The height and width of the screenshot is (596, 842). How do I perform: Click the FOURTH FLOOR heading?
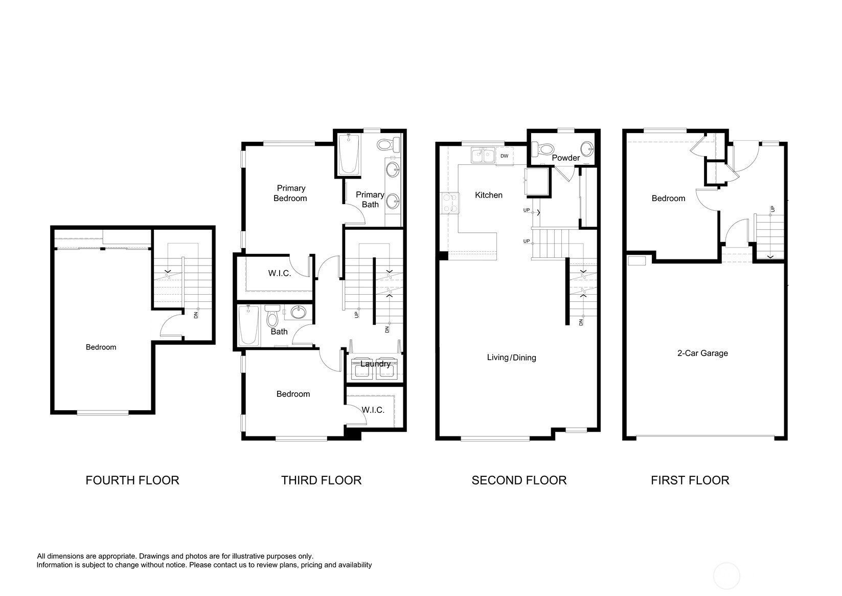coord(132,480)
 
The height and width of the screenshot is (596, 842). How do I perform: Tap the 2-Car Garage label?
coord(702,353)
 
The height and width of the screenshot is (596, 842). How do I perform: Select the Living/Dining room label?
coord(511,358)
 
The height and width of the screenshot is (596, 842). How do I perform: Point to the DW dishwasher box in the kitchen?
coord(505,156)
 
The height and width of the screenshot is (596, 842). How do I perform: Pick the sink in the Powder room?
coord(587,149)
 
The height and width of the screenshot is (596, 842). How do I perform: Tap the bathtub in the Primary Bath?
coord(349,154)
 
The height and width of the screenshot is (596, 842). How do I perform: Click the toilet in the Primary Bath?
coord(389,144)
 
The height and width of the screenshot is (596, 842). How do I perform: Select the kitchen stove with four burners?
coord(449,203)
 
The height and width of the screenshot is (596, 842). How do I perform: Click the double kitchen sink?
coord(483,156)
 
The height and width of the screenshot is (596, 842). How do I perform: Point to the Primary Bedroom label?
coord(290,193)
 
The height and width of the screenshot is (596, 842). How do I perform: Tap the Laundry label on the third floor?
coord(375,364)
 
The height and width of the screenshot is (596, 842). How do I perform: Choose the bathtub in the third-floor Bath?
coord(248,325)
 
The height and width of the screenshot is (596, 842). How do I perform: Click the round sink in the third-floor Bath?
coord(299,312)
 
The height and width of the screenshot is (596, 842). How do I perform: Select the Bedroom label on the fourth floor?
coord(101,347)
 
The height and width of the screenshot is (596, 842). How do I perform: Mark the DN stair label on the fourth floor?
coord(195,315)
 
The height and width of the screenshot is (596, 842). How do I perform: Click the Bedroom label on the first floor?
coord(668,198)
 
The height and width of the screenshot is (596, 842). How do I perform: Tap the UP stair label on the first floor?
coord(772,209)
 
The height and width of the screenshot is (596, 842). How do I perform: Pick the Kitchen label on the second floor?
coord(489,195)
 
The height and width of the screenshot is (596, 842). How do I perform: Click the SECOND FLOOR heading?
coord(519,480)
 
